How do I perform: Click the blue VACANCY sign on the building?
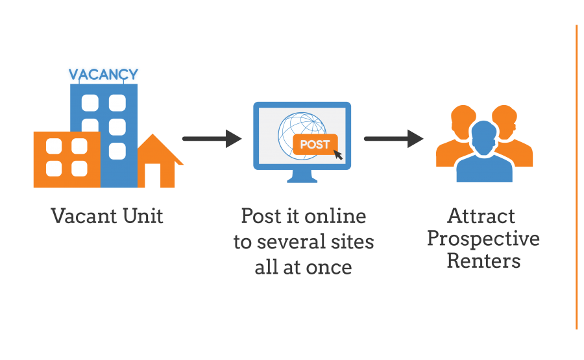(x=104, y=75)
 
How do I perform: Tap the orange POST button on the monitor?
(x=315, y=144)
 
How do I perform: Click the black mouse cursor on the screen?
(x=338, y=154)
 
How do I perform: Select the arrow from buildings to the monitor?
(x=212, y=139)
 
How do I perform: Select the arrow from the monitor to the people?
(x=393, y=139)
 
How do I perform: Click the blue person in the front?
(x=484, y=152)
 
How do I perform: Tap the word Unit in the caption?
(x=143, y=216)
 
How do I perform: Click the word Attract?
(x=481, y=216)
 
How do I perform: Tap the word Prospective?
(x=483, y=239)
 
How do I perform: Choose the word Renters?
(x=483, y=261)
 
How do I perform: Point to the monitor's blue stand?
(x=302, y=176)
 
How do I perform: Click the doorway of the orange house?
(x=152, y=175)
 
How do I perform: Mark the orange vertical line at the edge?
(x=577, y=177)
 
